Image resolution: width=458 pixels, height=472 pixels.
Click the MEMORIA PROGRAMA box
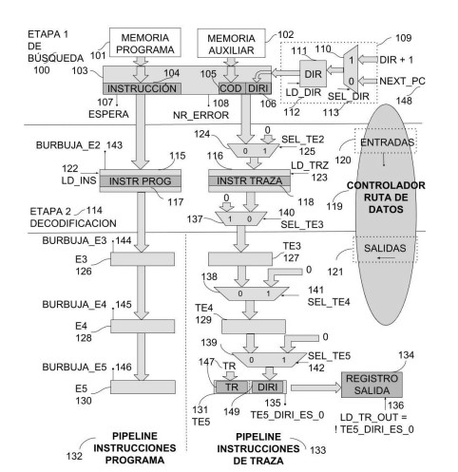coord(145,43)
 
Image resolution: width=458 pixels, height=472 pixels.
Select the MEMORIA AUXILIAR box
coord(231,44)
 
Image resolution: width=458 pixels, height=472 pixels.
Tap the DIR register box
coord(313,74)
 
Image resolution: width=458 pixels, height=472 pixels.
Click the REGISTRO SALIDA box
coord(372,385)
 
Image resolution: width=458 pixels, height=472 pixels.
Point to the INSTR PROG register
coord(141,181)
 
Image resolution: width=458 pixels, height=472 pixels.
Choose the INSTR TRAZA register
coord(249,180)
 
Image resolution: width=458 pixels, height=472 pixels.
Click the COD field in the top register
coord(232,88)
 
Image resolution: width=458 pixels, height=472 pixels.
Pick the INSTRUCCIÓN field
coord(142,88)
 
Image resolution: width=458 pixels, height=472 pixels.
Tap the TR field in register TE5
coord(232,387)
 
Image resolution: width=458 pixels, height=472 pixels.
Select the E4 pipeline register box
coord(143,326)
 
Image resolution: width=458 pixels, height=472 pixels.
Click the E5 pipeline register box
coord(143,387)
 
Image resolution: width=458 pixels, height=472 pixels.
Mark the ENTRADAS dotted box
coord(386,142)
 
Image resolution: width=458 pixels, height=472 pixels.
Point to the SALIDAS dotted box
coord(385,249)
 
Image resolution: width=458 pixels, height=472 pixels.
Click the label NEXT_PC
coord(402,81)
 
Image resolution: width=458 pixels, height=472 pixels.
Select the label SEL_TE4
coord(329,302)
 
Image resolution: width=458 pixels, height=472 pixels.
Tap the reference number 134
coord(406,355)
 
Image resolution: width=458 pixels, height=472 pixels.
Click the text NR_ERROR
coord(200,115)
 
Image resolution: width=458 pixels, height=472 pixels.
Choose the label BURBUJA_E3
coord(74,240)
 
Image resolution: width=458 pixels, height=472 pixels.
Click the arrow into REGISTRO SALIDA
coord(315,387)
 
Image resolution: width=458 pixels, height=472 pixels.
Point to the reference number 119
coord(334,206)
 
